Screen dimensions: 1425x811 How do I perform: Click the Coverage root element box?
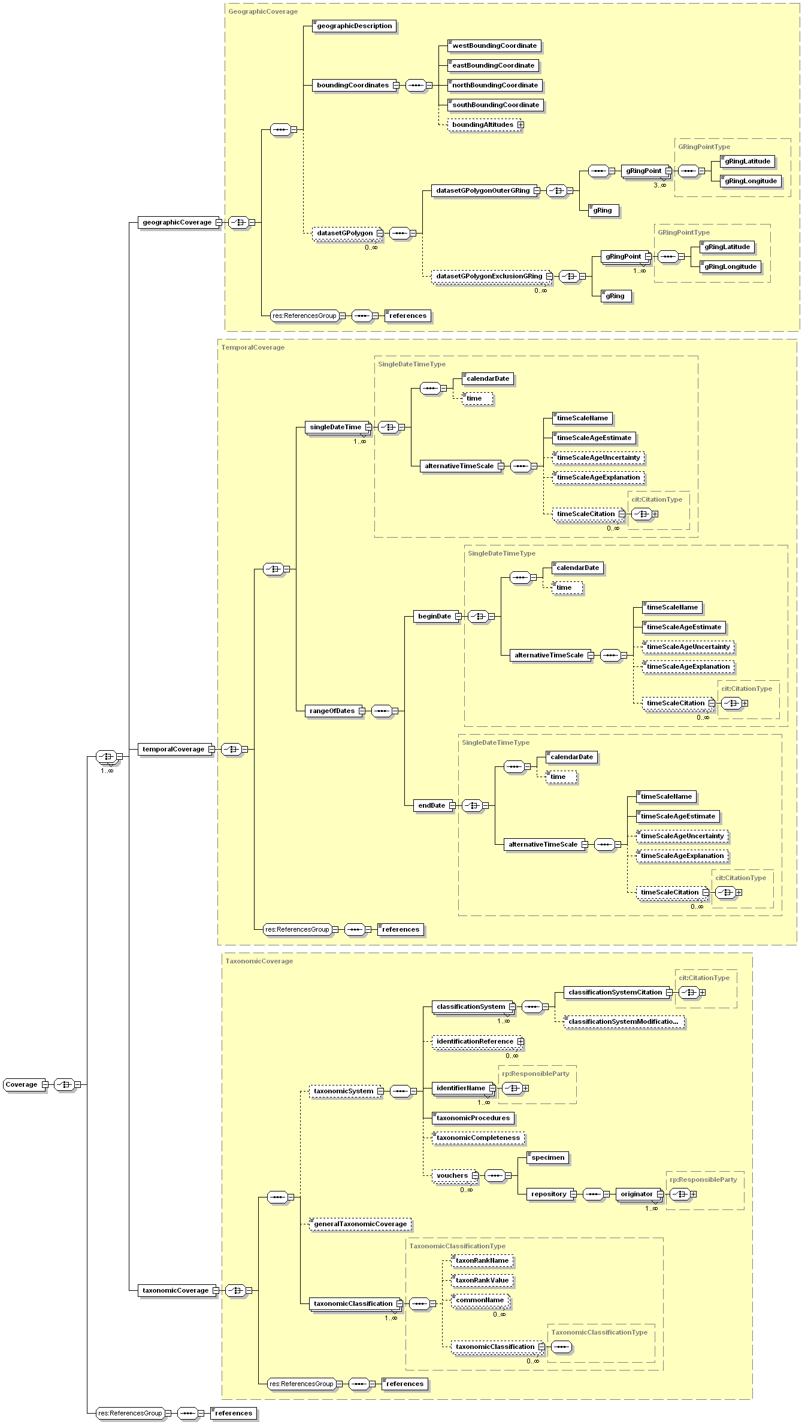(x=22, y=1084)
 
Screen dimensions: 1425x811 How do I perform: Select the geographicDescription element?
(x=354, y=26)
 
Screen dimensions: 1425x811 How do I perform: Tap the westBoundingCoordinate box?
(x=494, y=46)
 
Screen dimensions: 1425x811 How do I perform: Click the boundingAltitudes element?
(x=482, y=125)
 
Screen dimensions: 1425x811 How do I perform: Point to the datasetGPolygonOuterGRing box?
(x=482, y=190)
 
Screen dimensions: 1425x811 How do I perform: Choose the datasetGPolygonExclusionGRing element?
(x=489, y=276)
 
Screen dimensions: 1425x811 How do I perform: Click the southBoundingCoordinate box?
(x=495, y=105)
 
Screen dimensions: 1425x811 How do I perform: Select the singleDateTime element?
(x=335, y=427)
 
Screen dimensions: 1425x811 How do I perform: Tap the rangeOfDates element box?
(x=332, y=711)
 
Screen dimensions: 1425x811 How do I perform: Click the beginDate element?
(x=434, y=616)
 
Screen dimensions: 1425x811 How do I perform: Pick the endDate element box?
(x=431, y=805)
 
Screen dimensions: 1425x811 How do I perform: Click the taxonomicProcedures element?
(x=473, y=1118)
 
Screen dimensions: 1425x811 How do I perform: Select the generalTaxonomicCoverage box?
(x=360, y=1224)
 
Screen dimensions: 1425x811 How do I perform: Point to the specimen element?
(x=547, y=1157)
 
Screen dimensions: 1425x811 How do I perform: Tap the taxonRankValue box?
(x=482, y=1280)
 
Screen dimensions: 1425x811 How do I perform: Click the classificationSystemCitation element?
(x=615, y=992)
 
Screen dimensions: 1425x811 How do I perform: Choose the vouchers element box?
(x=452, y=1175)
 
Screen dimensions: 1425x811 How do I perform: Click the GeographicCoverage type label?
(x=263, y=11)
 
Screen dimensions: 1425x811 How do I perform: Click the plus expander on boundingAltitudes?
(x=521, y=125)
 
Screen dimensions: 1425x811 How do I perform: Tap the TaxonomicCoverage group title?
(x=259, y=961)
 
